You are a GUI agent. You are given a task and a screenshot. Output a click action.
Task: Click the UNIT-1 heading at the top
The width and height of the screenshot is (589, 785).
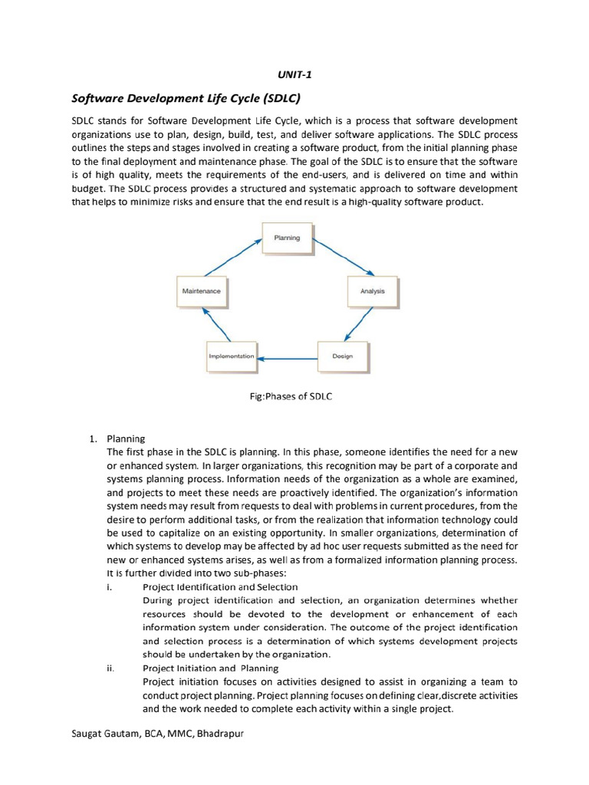click(x=294, y=74)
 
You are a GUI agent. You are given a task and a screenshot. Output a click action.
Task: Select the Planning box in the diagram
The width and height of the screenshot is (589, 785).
click(x=288, y=238)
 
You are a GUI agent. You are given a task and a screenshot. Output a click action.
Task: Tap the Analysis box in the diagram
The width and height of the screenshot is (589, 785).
click(x=372, y=291)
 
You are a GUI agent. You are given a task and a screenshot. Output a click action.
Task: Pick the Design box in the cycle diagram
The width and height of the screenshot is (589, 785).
click(x=342, y=356)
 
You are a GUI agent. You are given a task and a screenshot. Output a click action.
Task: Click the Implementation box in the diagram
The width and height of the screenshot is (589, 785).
click(x=231, y=356)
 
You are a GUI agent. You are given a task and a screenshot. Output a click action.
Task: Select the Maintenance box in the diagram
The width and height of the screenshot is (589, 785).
click(x=201, y=291)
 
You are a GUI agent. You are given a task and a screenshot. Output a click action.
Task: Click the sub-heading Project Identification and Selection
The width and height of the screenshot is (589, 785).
click(x=208, y=587)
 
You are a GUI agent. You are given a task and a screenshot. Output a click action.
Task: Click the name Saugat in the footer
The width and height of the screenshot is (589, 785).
click(x=87, y=734)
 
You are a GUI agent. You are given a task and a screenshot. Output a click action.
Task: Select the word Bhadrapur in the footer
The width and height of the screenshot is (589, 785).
click(x=222, y=734)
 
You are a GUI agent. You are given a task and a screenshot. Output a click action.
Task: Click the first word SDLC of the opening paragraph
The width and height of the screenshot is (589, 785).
click(x=84, y=121)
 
